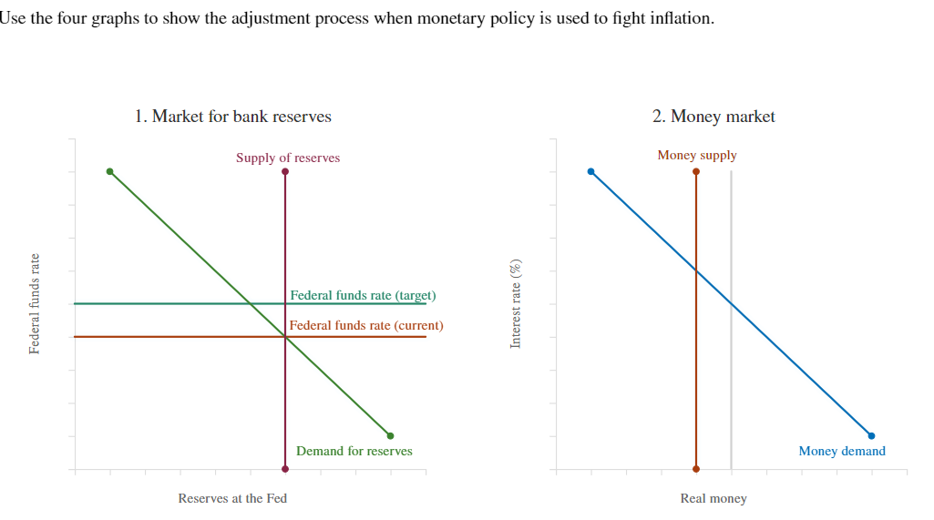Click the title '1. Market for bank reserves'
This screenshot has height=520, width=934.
pyautogui.click(x=232, y=117)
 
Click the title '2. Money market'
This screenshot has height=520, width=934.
pyautogui.click(x=713, y=117)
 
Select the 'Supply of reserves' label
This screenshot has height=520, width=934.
pyautogui.click(x=288, y=158)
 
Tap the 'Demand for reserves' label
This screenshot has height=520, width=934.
pyautogui.click(x=354, y=451)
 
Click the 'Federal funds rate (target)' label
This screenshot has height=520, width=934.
pyautogui.click(x=363, y=295)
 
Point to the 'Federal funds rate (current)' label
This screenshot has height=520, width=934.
pyautogui.click(x=366, y=325)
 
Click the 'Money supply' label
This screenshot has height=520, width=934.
pyautogui.click(x=697, y=155)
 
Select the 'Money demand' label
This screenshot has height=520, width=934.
pyautogui.click(x=842, y=451)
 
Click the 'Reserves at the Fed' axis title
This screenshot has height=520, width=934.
pyautogui.click(x=232, y=498)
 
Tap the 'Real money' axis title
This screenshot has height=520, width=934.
pyautogui.click(x=713, y=498)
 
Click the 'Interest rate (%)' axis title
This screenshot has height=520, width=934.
pyautogui.click(x=516, y=303)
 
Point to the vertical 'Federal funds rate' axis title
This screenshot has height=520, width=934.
pyautogui.click(x=35, y=303)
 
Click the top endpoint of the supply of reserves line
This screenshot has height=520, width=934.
pyautogui.click(x=285, y=171)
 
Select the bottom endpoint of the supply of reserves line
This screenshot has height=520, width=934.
pyautogui.click(x=285, y=469)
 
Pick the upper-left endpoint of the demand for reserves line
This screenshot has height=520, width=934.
pyautogui.click(x=110, y=171)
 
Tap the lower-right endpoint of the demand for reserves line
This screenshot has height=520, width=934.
pyautogui.click(x=390, y=435)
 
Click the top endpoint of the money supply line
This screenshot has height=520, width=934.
pyautogui.click(x=696, y=171)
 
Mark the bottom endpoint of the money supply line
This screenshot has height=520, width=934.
pyautogui.click(x=696, y=469)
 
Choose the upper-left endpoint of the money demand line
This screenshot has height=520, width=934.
pyautogui.click(x=591, y=171)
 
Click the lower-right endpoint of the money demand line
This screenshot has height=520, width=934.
pyautogui.click(x=871, y=435)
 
